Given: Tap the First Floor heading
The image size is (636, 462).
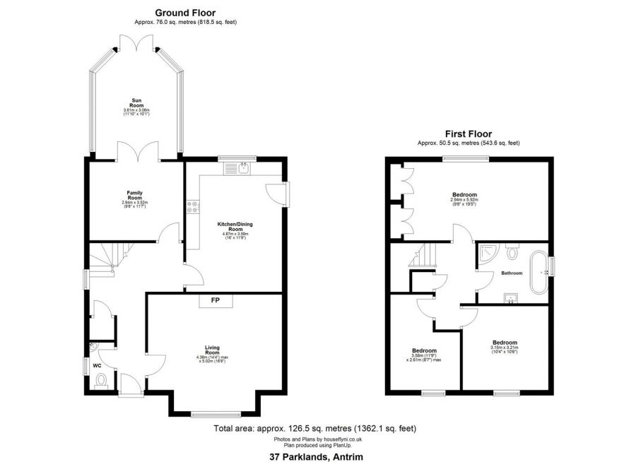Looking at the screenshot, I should [x=468, y=133].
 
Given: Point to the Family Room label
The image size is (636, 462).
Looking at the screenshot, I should [x=134, y=195].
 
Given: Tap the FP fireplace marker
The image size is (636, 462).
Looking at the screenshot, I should [x=215, y=301].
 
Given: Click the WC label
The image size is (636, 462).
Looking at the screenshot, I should [x=98, y=365].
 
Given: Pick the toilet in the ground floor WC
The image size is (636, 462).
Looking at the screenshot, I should [x=101, y=381].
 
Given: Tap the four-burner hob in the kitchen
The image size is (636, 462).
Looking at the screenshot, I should [x=192, y=208].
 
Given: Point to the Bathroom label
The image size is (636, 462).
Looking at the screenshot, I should [x=512, y=273].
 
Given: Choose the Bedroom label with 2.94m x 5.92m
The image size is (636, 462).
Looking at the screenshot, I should [x=464, y=195].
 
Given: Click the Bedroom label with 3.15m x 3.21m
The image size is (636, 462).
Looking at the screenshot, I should [x=505, y=343].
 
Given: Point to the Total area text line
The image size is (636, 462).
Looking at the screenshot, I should [x=314, y=428].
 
